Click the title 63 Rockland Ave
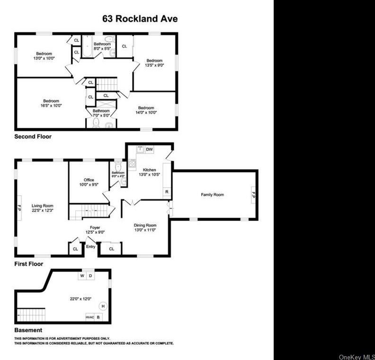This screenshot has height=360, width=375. (x=140, y=19)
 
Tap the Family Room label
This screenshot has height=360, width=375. (x=212, y=195)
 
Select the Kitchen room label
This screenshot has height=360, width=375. (x=150, y=170)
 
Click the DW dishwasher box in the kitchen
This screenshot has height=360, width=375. (x=150, y=150)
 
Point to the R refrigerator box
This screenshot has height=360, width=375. (x=167, y=192)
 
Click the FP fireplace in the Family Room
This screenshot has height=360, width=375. (x=253, y=195)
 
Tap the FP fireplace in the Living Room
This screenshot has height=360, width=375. (x=19, y=208)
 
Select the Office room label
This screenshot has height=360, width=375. (x=89, y=180)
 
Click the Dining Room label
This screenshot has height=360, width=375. (x=145, y=225)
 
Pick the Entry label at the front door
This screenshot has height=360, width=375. (x=90, y=247)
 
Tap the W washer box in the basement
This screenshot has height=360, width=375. (x=82, y=275)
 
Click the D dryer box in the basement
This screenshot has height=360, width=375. (x=91, y=275)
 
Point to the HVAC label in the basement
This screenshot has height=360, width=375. (x=90, y=317)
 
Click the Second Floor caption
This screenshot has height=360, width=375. (x=33, y=136)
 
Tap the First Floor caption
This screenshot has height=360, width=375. (x=28, y=264)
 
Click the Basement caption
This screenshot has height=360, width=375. (x=28, y=330)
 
